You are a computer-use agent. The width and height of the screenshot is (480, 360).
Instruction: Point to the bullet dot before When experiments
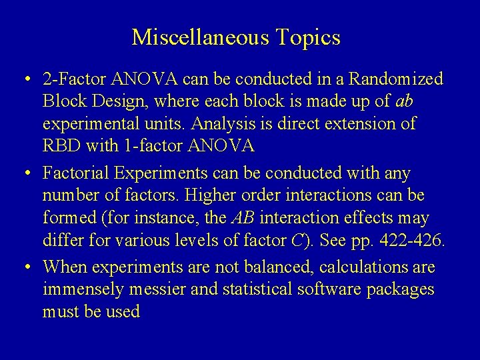tap(24, 268)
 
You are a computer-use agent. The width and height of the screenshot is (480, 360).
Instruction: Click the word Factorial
tap(71, 174)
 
